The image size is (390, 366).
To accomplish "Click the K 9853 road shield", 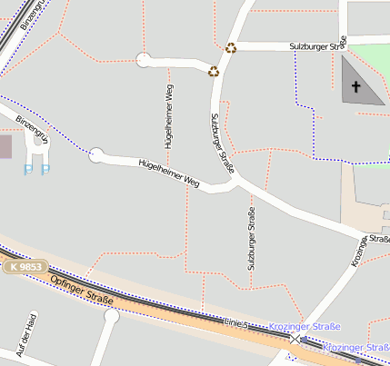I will point(26,267).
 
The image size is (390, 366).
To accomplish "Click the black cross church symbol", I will point(355,88).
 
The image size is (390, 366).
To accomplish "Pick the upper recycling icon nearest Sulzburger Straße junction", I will point(231,48).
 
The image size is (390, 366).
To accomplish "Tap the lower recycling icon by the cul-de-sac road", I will point(214,71).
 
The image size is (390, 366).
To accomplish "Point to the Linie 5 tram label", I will point(235,322).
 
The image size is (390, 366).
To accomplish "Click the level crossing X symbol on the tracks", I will point(295,337).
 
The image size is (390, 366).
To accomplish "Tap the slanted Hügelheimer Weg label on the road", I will point(168,173).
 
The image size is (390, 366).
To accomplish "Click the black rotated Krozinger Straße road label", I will point(369,248).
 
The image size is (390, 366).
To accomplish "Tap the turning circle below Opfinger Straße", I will point(112,316).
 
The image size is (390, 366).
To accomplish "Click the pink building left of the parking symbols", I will point(5,145).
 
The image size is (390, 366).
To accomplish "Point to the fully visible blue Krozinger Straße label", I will point(305,326).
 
